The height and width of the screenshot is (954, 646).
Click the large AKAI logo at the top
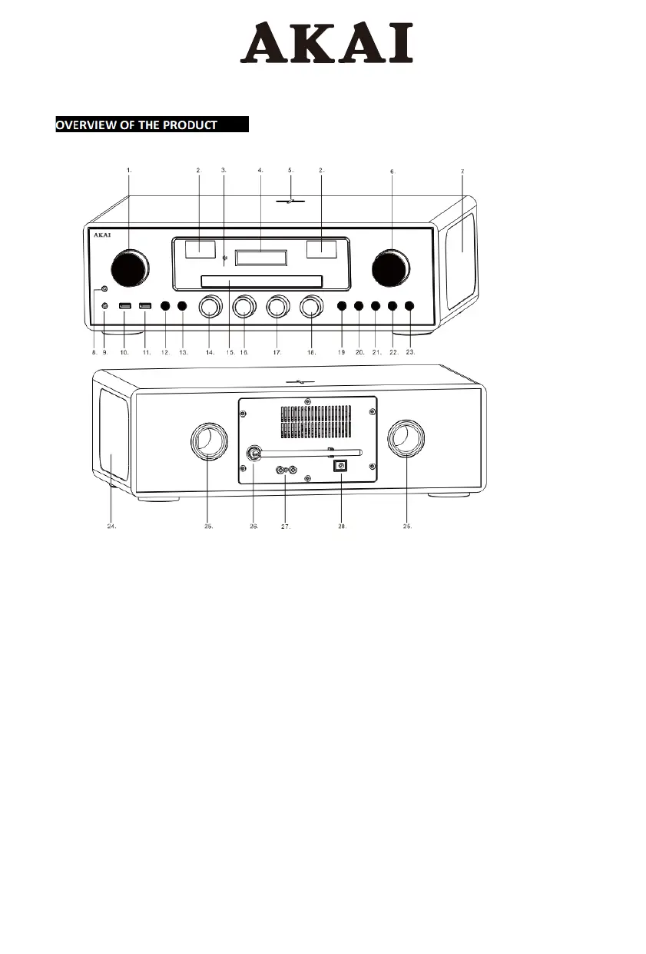click(x=326, y=44)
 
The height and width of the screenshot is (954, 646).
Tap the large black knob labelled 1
click(x=129, y=268)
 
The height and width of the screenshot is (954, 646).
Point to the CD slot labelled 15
click(x=260, y=281)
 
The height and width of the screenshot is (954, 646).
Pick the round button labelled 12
click(x=165, y=307)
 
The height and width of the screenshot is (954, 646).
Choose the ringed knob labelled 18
click(x=310, y=307)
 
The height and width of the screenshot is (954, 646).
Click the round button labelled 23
click(x=409, y=307)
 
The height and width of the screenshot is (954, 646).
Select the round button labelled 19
click(x=342, y=307)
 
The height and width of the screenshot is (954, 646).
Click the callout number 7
click(x=462, y=170)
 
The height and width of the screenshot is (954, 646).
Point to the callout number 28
click(x=342, y=527)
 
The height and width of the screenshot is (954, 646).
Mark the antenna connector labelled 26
click(x=252, y=454)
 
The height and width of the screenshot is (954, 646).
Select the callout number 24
click(x=111, y=527)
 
